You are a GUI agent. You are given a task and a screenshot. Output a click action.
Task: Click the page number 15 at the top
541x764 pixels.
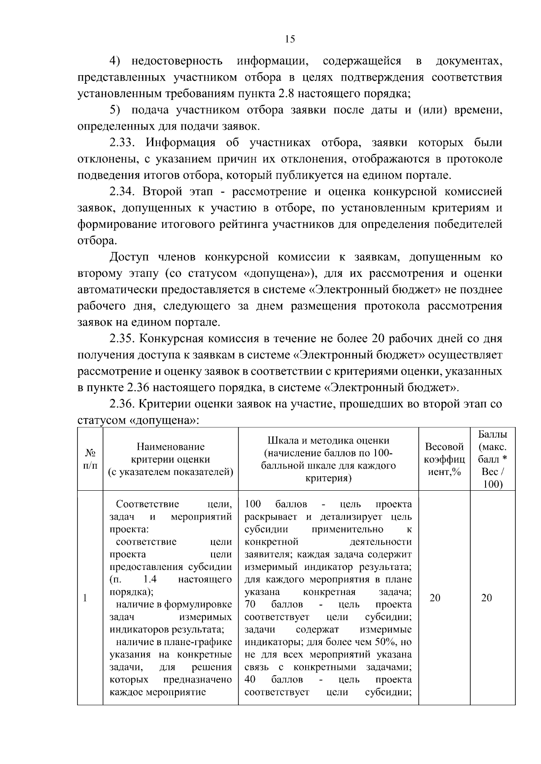coord(290,39)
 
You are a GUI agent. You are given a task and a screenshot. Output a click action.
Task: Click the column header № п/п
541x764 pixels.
coord(90,459)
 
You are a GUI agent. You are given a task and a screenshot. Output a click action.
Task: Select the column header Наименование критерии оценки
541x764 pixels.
coord(170,459)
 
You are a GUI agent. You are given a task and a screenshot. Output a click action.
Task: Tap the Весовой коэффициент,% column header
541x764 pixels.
coord(444,459)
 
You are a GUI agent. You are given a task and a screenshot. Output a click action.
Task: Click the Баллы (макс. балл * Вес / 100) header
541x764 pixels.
coord(492,459)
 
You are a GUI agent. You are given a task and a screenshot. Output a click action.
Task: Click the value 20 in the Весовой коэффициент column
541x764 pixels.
coord(435,598)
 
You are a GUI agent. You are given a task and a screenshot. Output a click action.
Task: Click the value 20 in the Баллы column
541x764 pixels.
coord(486,598)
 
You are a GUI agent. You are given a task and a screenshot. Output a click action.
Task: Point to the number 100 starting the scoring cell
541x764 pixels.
coord(252,504)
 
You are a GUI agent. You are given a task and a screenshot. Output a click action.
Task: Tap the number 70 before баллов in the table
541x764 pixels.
coord(250,604)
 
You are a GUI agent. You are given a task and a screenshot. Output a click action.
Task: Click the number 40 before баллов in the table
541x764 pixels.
coord(250,679)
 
